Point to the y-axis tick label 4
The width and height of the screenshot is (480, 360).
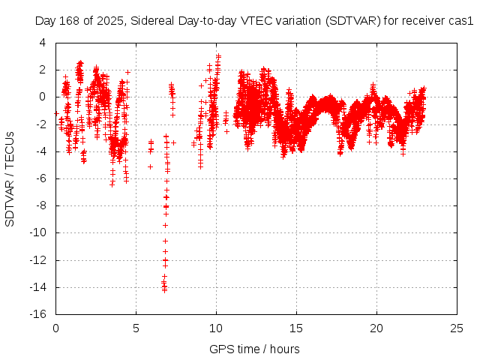click(x=42, y=42)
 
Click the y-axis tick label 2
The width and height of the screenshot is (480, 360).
click(x=42, y=70)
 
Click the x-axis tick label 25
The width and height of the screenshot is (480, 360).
click(x=457, y=328)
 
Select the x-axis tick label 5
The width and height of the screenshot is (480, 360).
click(x=136, y=328)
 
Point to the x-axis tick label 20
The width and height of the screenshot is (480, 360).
click(x=376, y=328)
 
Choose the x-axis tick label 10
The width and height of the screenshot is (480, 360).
click(x=216, y=328)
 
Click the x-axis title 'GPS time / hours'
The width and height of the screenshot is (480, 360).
click(x=254, y=349)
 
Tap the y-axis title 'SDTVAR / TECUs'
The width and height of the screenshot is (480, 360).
click(x=10, y=178)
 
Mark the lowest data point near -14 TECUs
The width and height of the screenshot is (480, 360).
click(x=164, y=289)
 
